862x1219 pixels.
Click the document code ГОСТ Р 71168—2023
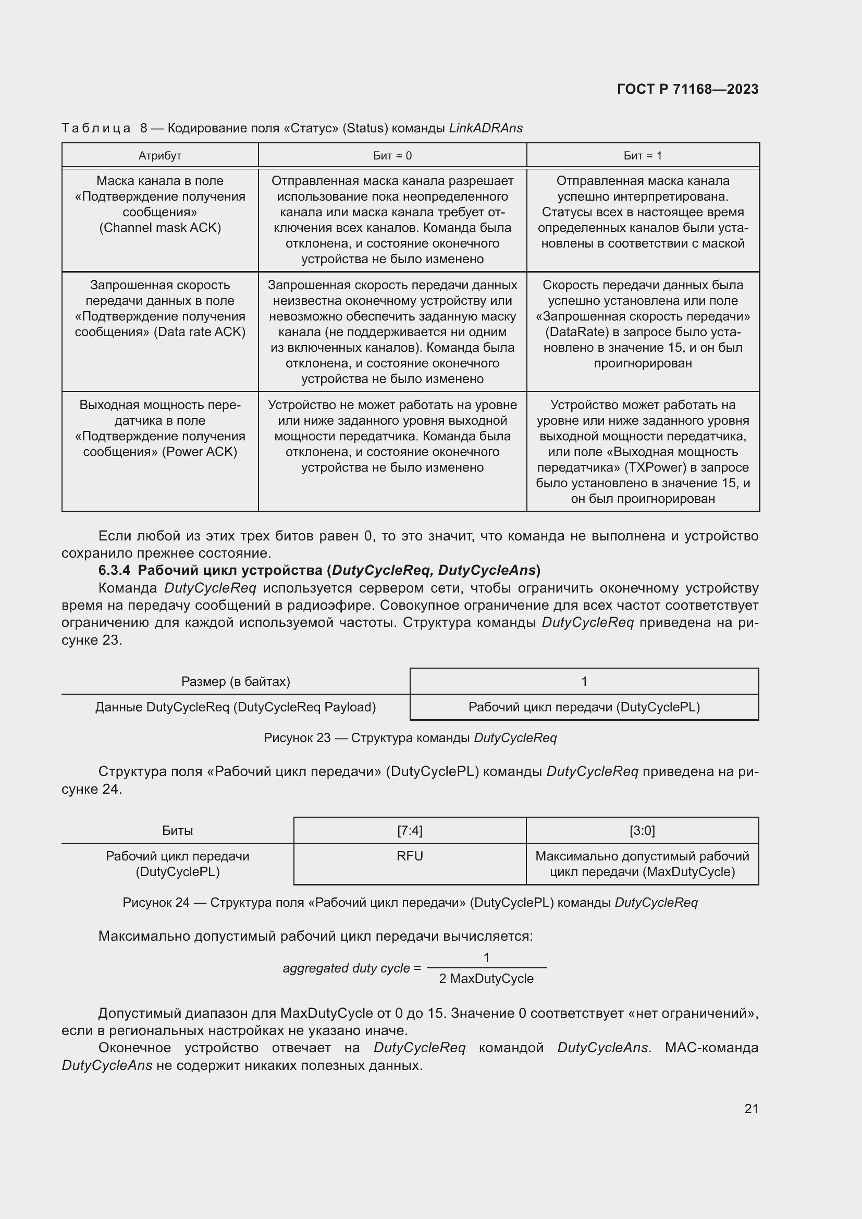[x=687, y=89]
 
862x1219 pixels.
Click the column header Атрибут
[x=160, y=155]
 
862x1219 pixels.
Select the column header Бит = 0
[x=392, y=155]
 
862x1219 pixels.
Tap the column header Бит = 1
[x=642, y=155]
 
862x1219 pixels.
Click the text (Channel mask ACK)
[x=160, y=228]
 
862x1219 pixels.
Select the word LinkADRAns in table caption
[x=486, y=128]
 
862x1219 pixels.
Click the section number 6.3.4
[x=114, y=570]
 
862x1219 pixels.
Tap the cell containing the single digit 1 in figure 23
[x=584, y=681]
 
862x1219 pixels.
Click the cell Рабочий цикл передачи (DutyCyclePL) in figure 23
[x=584, y=707]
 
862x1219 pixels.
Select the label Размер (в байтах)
[x=236, y=681]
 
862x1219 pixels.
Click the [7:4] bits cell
[x=410, y=830]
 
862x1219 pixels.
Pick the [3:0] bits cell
[x=642, y=830]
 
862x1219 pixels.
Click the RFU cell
[x=410, y=856]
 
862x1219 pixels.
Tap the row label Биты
[x=177, y=830]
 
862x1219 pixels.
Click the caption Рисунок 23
[x=297, y=738]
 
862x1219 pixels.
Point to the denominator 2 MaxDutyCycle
[x=486, y=979]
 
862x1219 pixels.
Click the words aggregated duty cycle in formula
[x=346, y=968]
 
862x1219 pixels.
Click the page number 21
[x=751, y=1109]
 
